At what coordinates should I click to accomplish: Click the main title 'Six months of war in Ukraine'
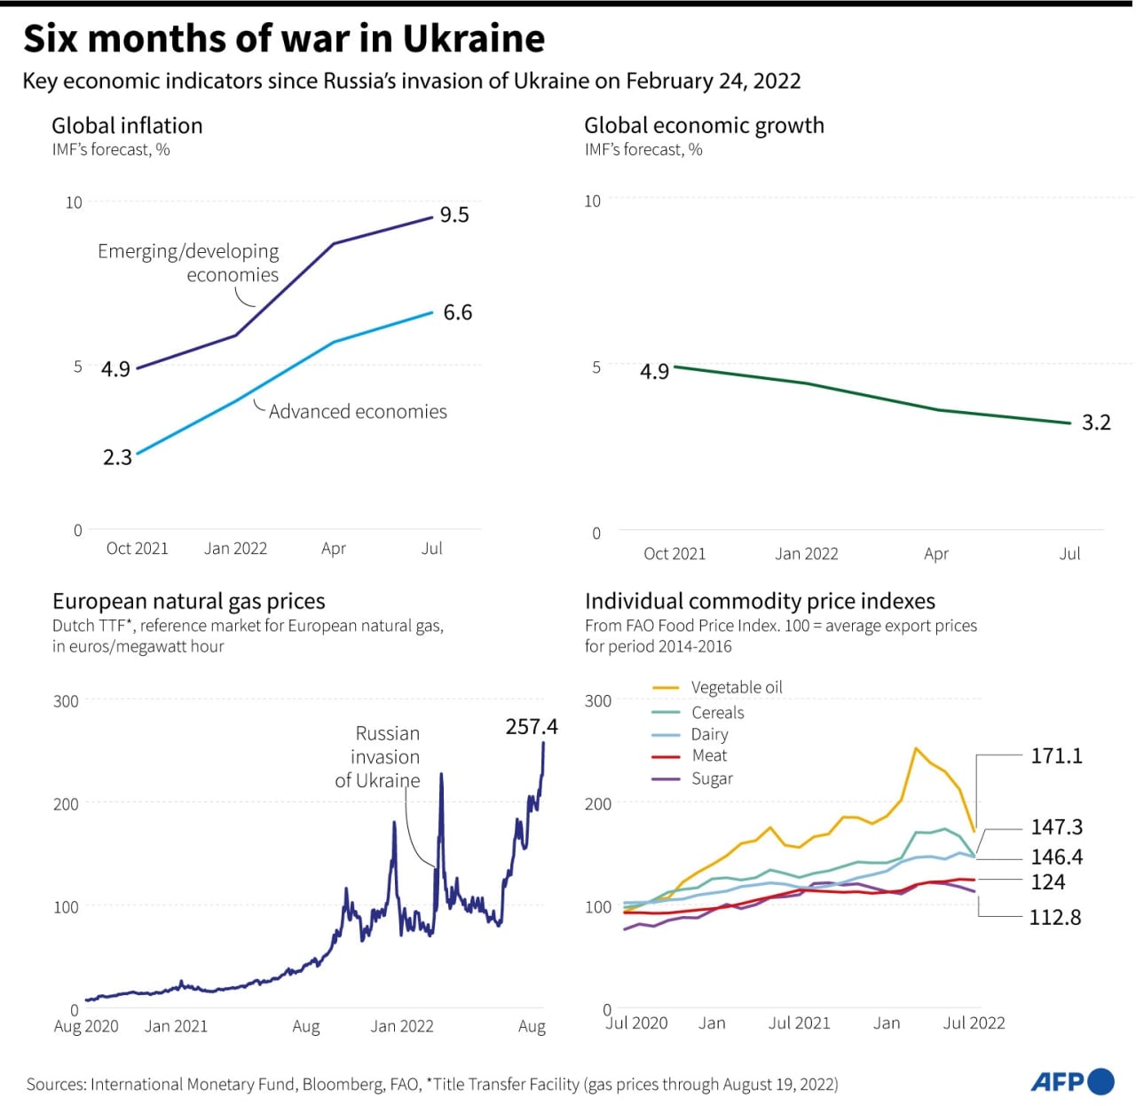[x=284, y=39]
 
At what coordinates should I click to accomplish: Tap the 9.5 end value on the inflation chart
[x=454, y=215]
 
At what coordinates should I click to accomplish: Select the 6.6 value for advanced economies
[x=458, y=312]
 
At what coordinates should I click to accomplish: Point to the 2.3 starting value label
[x=117, y=457]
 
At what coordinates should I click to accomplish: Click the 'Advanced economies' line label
[x=358, y=412]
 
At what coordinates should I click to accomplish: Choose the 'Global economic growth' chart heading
[x=704, y=125]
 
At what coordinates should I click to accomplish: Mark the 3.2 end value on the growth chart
[x=1096, y=423]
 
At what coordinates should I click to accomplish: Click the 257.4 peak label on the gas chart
[x=532, y=727]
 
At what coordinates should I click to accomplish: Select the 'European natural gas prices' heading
[x=189, y=601]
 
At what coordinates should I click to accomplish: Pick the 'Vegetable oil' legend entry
[x=736, y=687]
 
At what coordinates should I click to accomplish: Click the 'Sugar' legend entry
[x=712, y=778]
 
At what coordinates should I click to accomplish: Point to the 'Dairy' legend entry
[x=709, y=734]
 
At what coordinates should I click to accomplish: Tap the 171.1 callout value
[x=1056, y=755]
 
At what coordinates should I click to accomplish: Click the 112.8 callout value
[x=1055, y=917]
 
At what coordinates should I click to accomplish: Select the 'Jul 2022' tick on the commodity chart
[x=974, y=1023]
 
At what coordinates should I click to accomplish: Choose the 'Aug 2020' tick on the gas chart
[x=86, y=1026]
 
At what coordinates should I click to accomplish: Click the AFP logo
[x=1072, y=1081]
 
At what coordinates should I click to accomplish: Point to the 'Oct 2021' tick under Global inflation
[x=138, y=549]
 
